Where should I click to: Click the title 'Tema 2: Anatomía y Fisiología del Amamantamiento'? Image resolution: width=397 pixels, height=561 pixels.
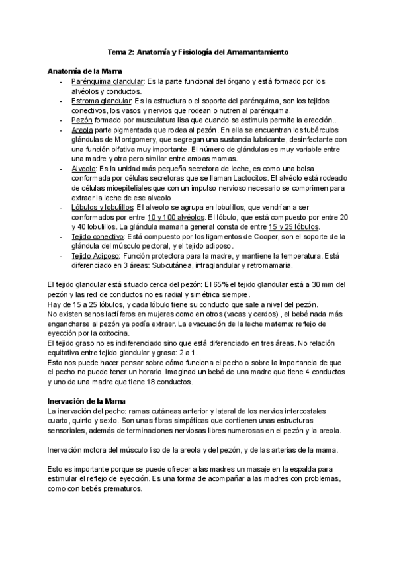(198, 51)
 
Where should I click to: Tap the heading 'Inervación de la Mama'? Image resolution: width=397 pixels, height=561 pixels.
(85, 401)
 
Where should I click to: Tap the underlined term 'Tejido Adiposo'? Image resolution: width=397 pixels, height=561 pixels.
(96, 255)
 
